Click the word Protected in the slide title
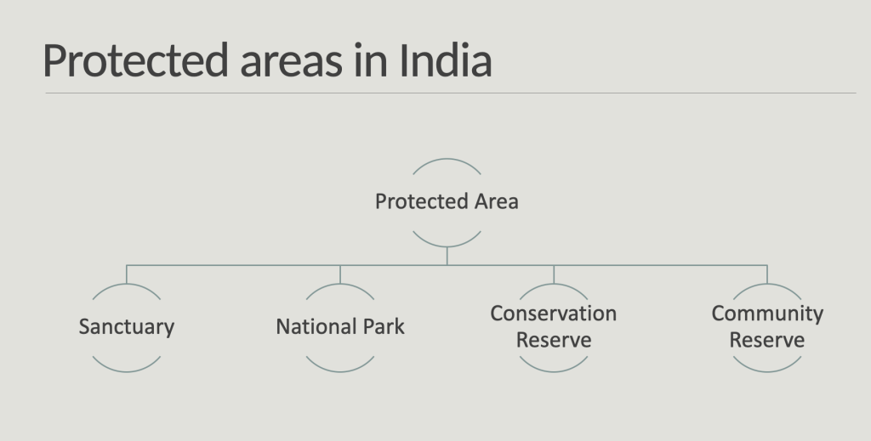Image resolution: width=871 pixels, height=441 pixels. tap(135, 60)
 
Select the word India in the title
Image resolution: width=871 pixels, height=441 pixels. tap(446, 60)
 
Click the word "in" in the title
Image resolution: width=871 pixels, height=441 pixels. tap(371, 60)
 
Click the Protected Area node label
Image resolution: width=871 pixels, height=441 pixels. tap(447, 201)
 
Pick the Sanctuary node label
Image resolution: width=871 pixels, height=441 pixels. tap(127, 327)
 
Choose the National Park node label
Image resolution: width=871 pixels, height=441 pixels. tap(340, 327)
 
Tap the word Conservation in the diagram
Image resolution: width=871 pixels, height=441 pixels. tap(553, 314)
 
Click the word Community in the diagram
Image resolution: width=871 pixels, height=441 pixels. tap(767, 314)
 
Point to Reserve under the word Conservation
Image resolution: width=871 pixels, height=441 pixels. tap(553, 340)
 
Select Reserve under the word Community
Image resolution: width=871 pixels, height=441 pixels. tap(766, 340)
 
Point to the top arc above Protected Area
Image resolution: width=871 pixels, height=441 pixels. tap(447, 159)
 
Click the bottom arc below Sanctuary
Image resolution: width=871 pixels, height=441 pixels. tap(127, 371)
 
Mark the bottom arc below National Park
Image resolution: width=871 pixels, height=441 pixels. tap(340, 371)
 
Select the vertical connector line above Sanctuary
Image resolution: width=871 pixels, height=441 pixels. tap(127, 274)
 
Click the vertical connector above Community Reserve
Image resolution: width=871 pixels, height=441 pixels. tap(767, 274)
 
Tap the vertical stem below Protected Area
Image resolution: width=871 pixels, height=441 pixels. tap(447, 257)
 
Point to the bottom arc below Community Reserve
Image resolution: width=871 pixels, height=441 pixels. tap(767, 371)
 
